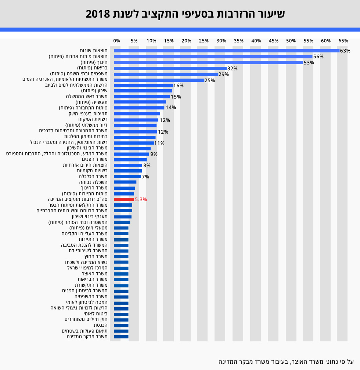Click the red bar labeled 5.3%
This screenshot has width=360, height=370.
click(x=124, y=199)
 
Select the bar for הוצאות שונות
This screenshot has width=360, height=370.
click(x=226, y=51)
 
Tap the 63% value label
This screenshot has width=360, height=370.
click(x=345, y=51)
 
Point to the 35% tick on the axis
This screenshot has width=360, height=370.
click(x=238, y=41)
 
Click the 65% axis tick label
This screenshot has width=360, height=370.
click(x=343, y=41)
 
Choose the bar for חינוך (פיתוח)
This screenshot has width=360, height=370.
click(x=208, y=62)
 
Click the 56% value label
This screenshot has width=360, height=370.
click(x=318, y=57)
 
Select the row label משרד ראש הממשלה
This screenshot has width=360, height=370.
click(x=87, y=97)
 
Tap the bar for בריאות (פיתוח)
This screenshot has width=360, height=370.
click(x=170, y=68)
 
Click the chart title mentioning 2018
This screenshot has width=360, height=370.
click(x=185, y=14)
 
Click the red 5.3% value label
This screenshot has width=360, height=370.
click(x=141, y=199)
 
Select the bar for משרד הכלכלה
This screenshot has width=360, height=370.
click(x=127, y=177)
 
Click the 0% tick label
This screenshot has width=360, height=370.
click(x=116, y=41)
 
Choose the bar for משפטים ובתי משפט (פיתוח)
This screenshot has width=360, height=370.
click(x=166, y=74)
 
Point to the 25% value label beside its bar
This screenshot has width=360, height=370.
click(x=209, y=80)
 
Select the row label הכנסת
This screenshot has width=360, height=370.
click(x=101, y=325)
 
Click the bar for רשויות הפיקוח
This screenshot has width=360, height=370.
click(x=136, y=120)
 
